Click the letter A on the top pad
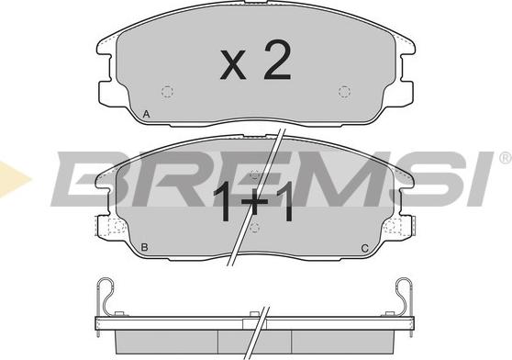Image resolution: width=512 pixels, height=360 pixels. [x=147, y=115]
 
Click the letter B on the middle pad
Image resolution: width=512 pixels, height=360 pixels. [x=144, y=247]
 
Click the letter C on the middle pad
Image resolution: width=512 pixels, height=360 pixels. [x=365, y=248]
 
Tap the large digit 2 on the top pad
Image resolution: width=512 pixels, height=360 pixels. [x=277, y=60]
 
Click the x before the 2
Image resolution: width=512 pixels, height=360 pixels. [x=233, y=64]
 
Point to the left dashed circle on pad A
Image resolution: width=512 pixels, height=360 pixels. [x=168, y=92]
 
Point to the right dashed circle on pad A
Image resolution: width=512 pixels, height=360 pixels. [x=344, y=92]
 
